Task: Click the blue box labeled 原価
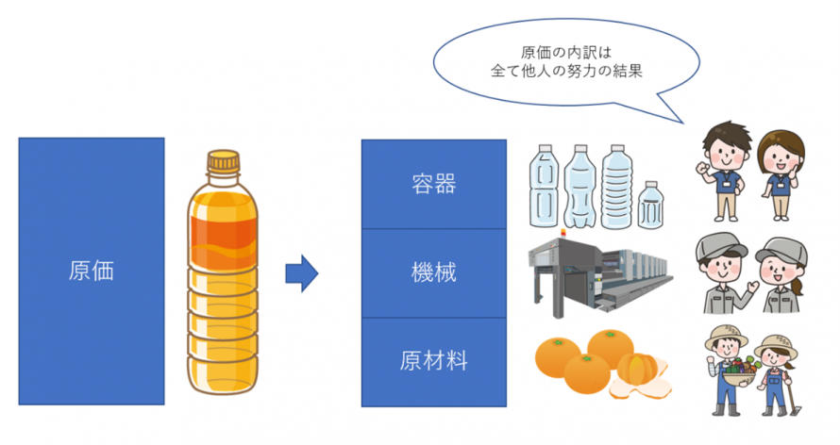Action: pyautogui.click(x=91, y=272)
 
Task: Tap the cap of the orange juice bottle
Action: pyautogui.click(x=223, y=163)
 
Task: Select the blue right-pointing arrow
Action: pyautogui.click(x=301, y=273)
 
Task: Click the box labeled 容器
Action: pyautogui.click(x=434, y=184)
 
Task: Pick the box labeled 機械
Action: pyautogui.click(x=434, y=273)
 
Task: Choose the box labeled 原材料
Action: pyautogui.click(x=434, y=361)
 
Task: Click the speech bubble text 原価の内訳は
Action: pyautogui.click(x=565, y=53)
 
